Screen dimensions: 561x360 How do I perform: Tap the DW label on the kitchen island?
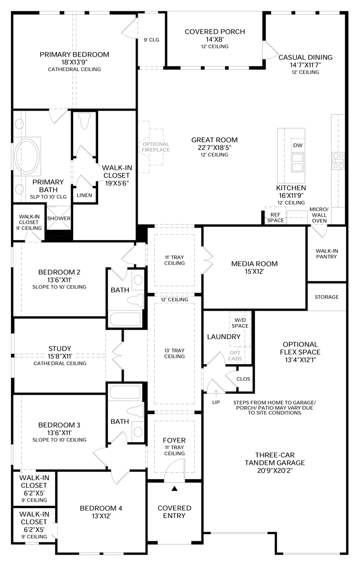(298, 145)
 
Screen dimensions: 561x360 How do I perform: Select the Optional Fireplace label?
(155, 146)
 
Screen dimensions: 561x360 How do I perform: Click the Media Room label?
(254, 263)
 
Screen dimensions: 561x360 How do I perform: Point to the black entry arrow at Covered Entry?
(175, 489)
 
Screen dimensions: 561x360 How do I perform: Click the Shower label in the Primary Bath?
(58, 218)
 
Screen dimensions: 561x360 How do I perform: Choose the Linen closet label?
(84, 195)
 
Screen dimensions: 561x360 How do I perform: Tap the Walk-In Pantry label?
(327, 253)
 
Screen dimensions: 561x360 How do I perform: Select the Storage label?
(327, 297)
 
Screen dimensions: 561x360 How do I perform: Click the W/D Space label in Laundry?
(240, 323)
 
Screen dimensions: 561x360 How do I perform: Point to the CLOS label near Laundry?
(243, 379)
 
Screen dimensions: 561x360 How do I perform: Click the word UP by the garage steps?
(216, 403)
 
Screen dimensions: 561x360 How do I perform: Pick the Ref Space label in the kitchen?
(275, 217)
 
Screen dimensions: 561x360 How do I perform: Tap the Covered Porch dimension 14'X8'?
(215, 39)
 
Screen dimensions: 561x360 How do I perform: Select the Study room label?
(60, 349)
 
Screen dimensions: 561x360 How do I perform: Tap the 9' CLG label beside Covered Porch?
(151, 39)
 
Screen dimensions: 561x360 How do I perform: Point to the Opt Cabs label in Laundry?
(235, 356)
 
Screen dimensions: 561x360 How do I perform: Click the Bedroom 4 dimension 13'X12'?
(101, 517)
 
